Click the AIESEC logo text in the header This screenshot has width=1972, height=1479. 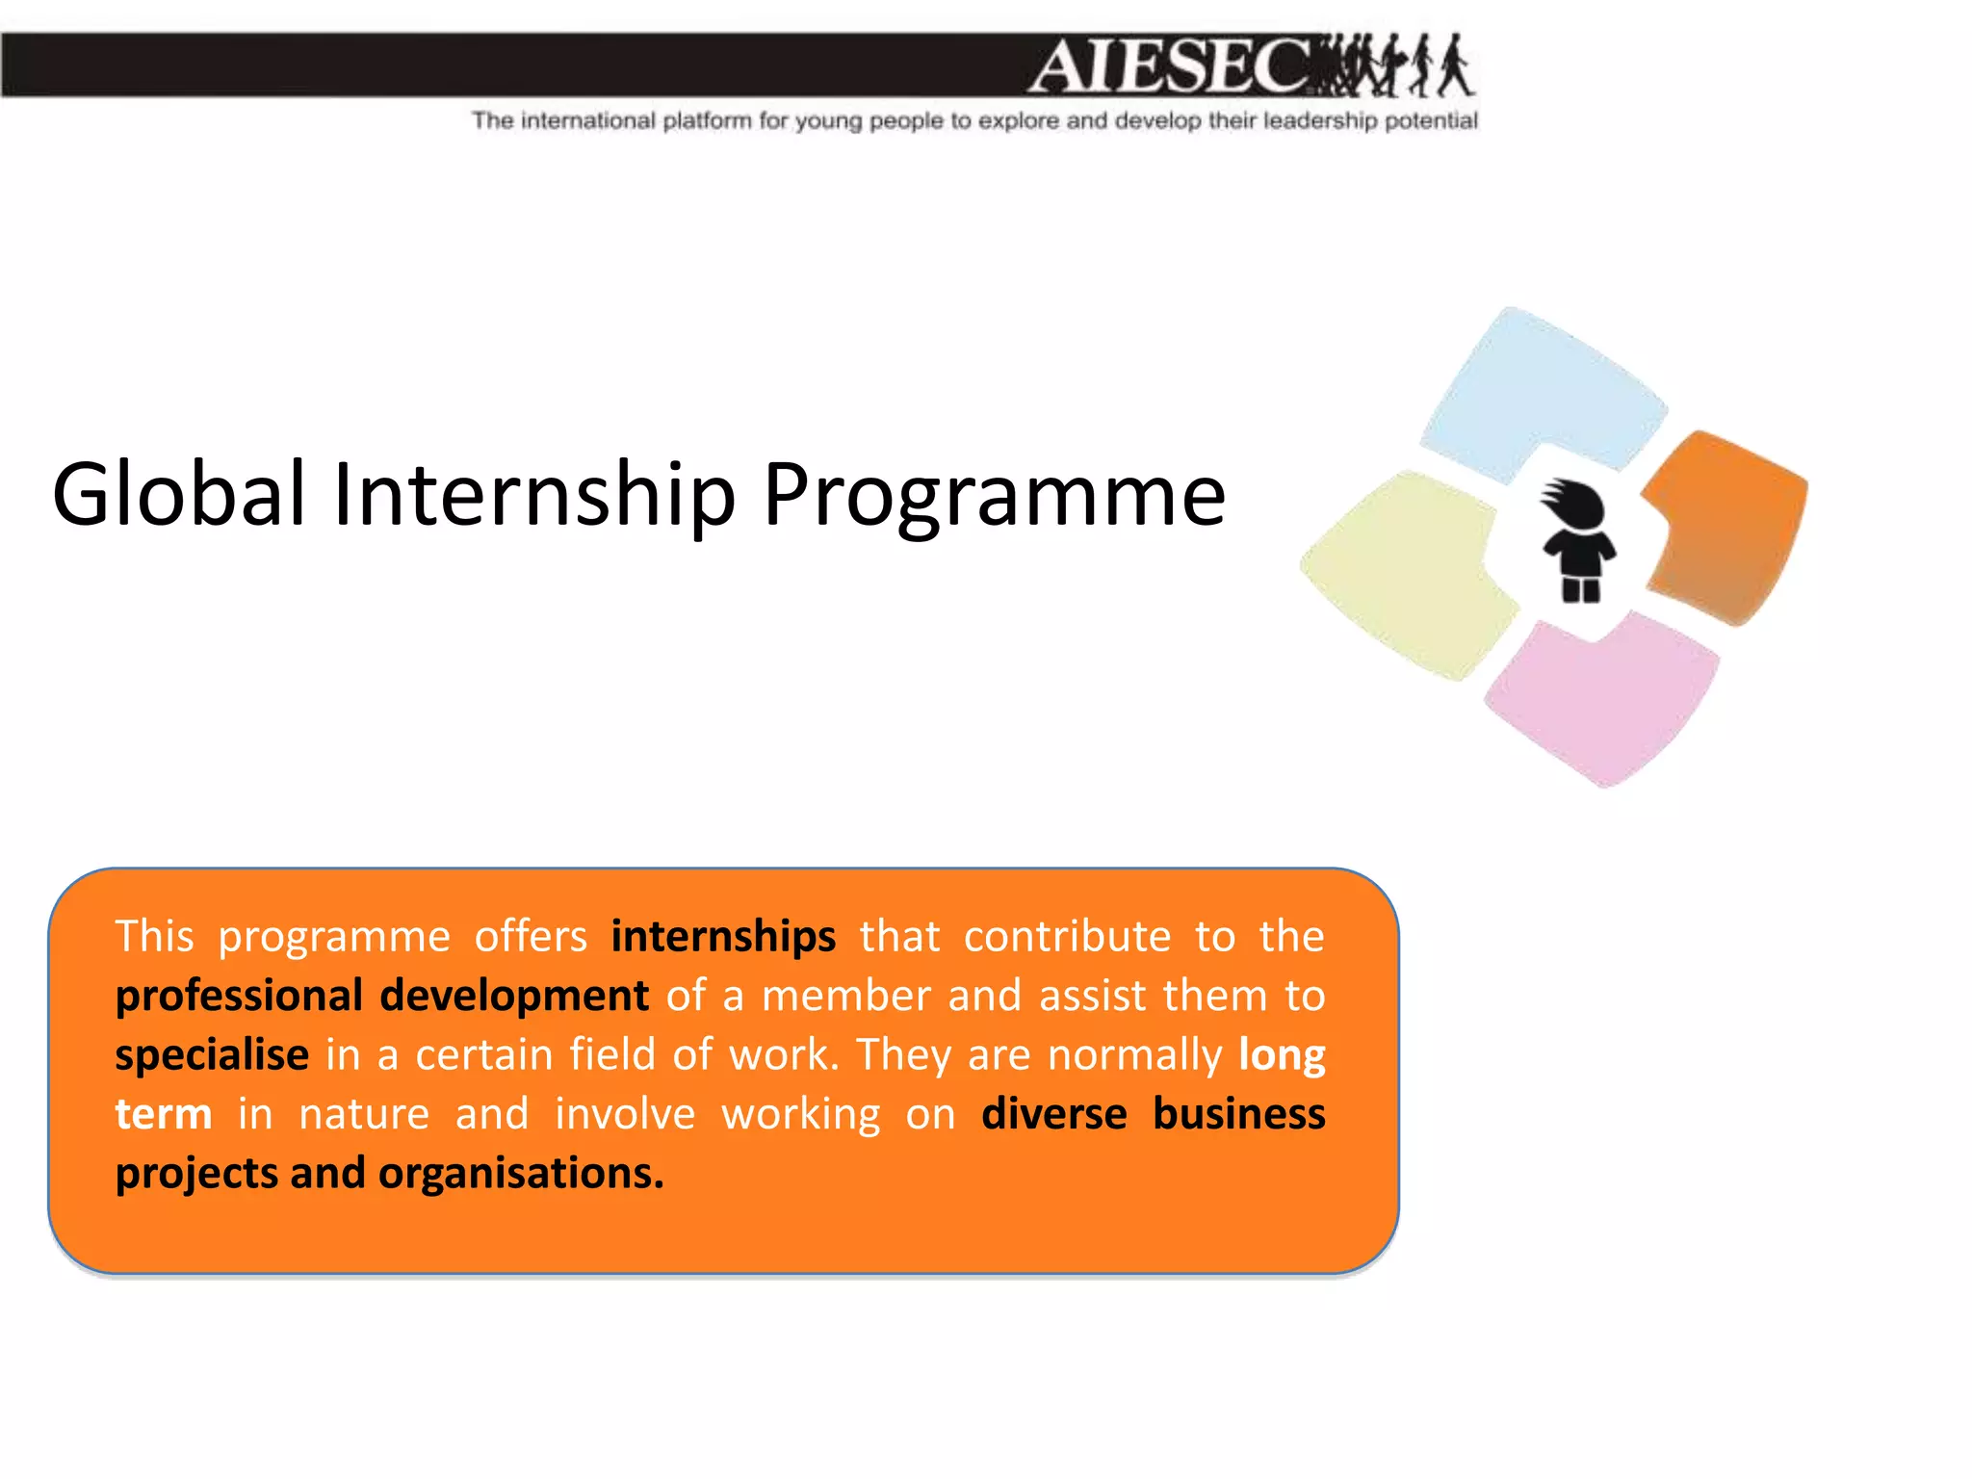click(x=1170, y=65)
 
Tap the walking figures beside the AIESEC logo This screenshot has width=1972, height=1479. click(x=1396, y=65)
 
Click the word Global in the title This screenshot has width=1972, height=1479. click(x=179, y=494)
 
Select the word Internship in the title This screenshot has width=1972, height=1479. click(x=534, y=494)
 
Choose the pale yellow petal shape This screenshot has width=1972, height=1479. click(x=1406, y=573)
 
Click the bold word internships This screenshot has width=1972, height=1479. click(x=723, y=937)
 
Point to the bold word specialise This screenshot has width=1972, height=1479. click(x=212, y=1055)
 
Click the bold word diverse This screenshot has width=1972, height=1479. click(x=1054, y=1114)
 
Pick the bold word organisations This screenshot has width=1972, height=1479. click(x=521, y=1174)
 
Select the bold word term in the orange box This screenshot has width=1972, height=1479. click(x=164, y=1115)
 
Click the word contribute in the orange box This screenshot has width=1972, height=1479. click(x=1067, y=937)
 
